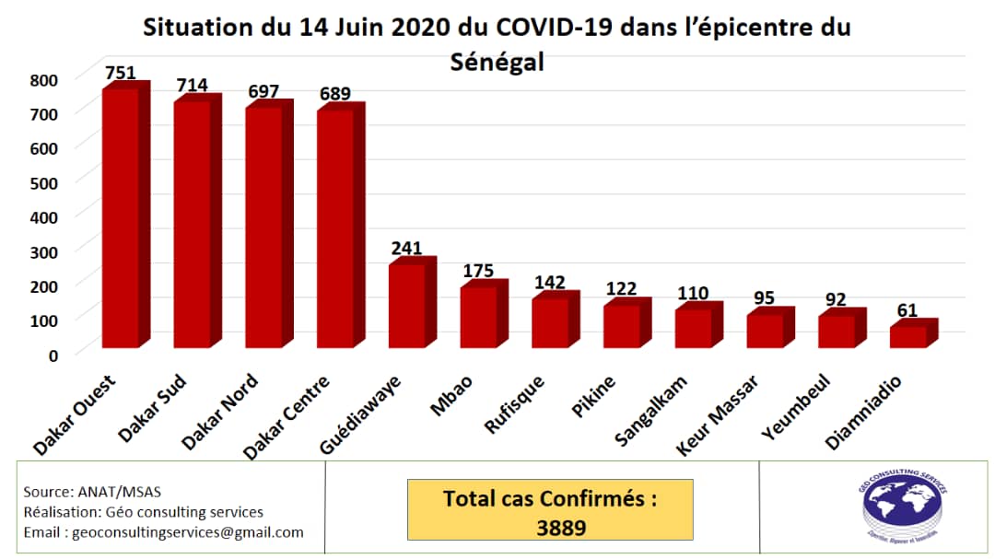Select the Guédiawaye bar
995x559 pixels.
[x=406, y=305]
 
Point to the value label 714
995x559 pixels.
[x=192, y=86]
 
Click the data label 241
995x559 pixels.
[x=406, y=248]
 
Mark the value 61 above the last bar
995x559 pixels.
[x=907, y=310]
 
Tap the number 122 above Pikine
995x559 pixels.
[x=622, y=288]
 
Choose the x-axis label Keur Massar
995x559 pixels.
[x=719, y=413]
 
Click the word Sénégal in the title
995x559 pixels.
[x=497, y=62]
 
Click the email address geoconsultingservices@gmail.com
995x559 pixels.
[x=164, y=532]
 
